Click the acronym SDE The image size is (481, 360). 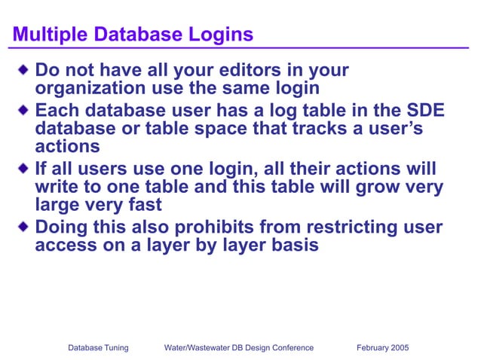click(427, 111)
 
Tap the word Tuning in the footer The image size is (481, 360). click(115, 348)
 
